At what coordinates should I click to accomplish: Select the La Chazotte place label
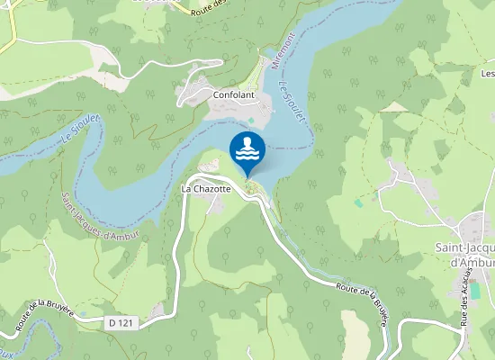pos(207,189)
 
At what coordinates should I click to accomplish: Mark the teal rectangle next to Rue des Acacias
pos(475,291)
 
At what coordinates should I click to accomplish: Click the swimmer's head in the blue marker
pos(247,142)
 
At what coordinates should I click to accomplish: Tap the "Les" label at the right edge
pos(487,73)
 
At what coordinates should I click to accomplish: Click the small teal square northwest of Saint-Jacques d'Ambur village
pos(359,203)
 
